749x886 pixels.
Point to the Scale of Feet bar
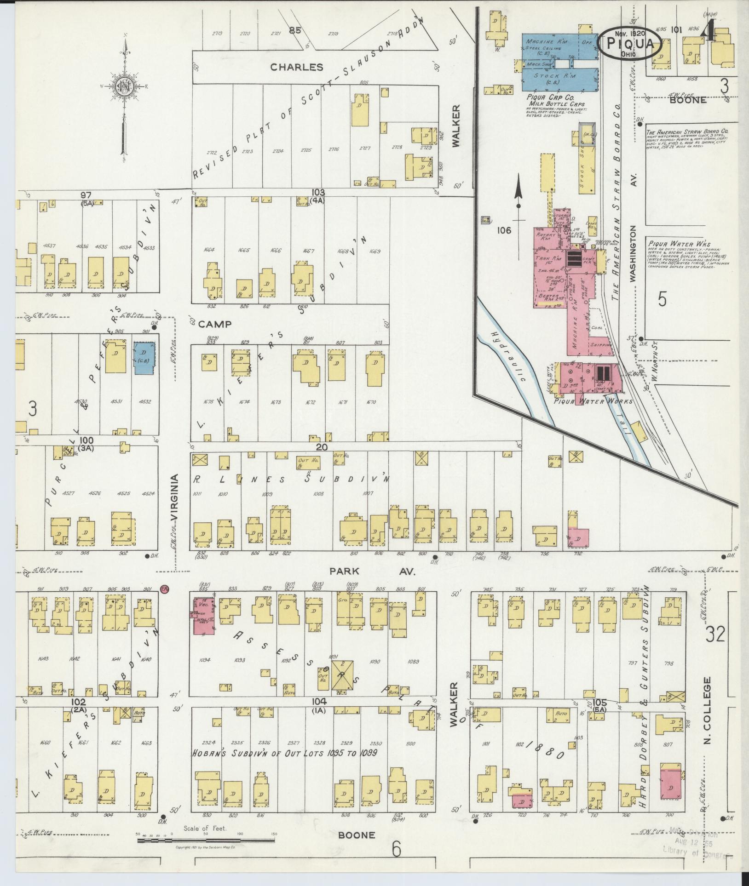pos(206,840)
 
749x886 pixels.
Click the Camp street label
pos(214,324)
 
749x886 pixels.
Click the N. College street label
pos(708,728)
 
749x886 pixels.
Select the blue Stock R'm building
pos(559,79)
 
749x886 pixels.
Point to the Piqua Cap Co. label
pos(550,97)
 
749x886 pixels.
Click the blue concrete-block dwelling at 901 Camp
pos(144,357)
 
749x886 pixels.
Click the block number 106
pos(504,230)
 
